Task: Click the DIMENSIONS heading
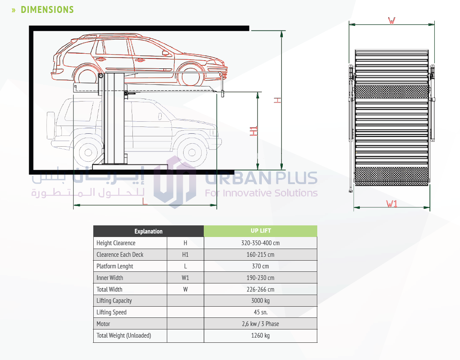[x=47, y=9]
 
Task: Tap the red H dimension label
[x=278, y=100]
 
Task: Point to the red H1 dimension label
[x=254, y=131]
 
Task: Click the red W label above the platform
[x=391, y=21]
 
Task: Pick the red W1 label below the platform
[x=392, y=204]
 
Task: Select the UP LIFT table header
[x=261, y=231]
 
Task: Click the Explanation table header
[x=148, y=231]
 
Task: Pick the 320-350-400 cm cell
[x=261, y=243]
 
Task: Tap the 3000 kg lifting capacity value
[x=261, y=301]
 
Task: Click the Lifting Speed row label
[x=111, y=312]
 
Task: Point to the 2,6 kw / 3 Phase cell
[x=261, y=324]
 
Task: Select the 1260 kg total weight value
[x=261, y=335]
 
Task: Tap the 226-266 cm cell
[x=261, y=289]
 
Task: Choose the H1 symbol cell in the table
[x=185, y=255]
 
